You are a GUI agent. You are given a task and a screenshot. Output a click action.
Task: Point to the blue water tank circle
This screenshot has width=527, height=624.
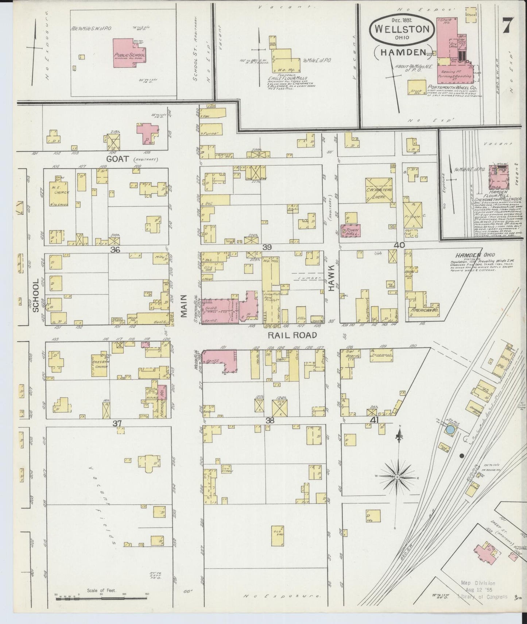coord(451,430)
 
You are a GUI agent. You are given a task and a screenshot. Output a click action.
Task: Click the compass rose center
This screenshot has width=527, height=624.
coord(398,477)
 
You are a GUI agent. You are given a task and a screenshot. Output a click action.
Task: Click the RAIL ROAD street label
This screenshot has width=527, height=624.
coord(292,335)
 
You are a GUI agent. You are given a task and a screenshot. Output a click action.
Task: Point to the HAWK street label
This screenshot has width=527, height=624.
coord(331,282)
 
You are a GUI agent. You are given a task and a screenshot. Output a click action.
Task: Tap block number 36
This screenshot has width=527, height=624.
coord(116,250)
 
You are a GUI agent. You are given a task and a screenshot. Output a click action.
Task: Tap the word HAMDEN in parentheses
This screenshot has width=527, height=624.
coord(403,52)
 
